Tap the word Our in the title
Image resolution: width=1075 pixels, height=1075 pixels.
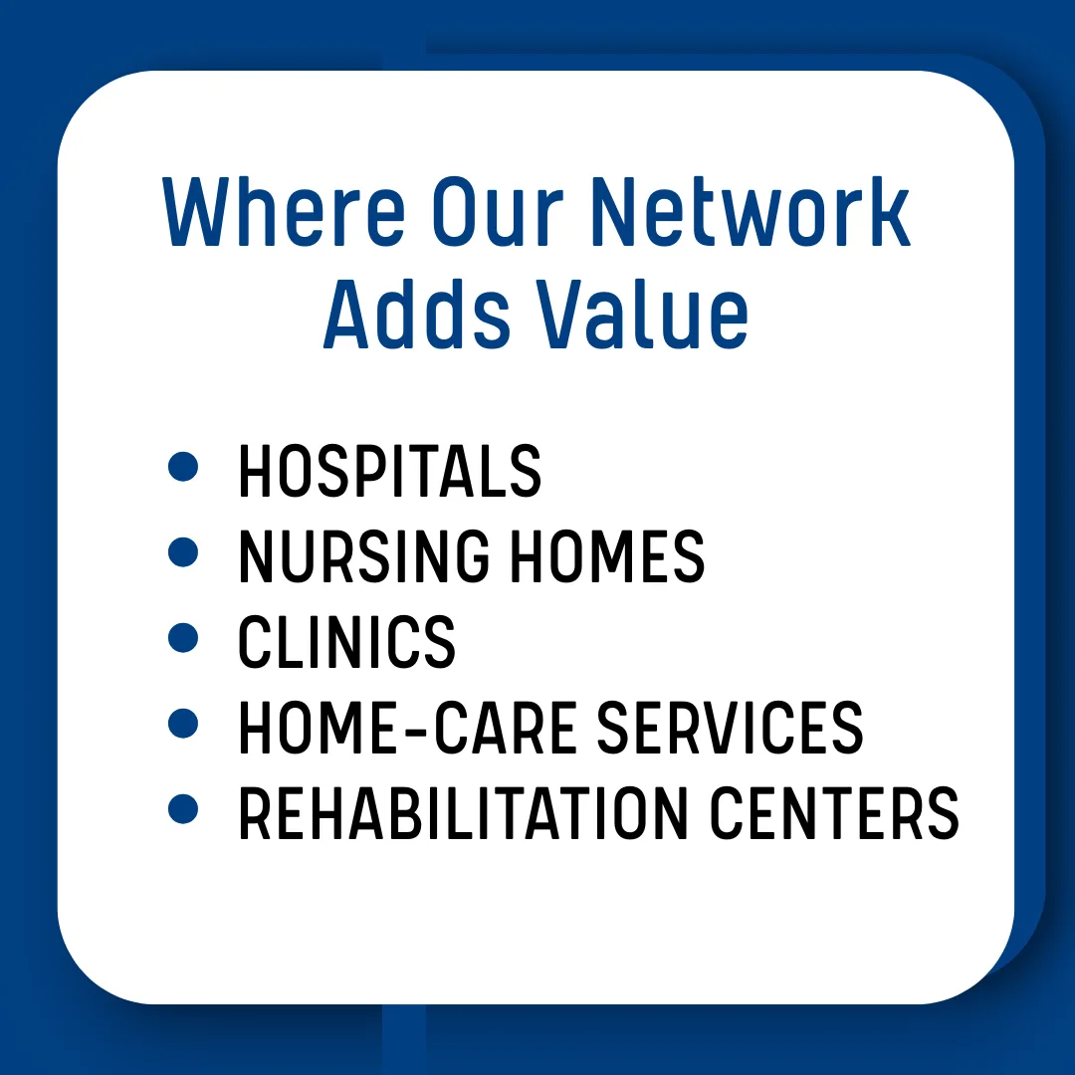point(497,212)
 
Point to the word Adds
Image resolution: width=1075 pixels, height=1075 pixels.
point(417,314)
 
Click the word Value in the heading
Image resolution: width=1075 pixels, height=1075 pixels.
point(642,314)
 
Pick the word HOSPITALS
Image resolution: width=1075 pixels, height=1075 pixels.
point(389,470)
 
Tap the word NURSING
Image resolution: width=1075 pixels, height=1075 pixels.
point(363,556)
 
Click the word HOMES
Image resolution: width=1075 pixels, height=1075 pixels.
point(607,556)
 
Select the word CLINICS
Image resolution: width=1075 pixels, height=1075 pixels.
point(346,642)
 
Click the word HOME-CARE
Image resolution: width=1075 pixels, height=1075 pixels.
point(407,728)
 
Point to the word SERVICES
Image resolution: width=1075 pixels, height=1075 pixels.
point(731,728)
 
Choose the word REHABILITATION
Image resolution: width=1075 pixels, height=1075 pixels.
point(463,813)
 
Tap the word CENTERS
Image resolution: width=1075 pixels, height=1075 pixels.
point(834,813)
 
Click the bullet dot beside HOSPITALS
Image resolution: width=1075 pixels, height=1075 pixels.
point(183,466)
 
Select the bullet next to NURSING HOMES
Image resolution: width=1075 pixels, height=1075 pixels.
point(183,551)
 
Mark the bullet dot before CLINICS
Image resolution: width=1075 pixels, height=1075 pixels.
point(183,638)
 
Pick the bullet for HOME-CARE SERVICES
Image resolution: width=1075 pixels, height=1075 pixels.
point(183,724)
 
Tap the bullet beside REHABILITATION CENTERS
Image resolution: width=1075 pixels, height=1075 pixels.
point(183,809)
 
